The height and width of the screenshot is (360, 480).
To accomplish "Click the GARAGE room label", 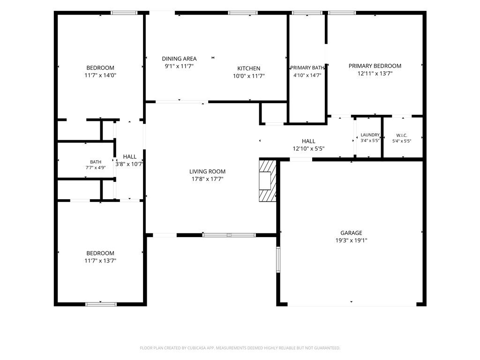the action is click(351, 233).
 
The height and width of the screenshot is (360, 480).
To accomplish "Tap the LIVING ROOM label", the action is click(207, 172).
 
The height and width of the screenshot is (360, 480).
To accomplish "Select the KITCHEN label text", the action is click(249, 68).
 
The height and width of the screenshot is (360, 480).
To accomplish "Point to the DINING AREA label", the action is click(179, 59).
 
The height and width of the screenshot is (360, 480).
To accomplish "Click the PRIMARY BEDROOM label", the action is click(375, 66).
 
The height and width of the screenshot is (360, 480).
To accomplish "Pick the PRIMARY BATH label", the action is click(307, 67).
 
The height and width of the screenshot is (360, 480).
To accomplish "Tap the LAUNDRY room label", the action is click(370, 135).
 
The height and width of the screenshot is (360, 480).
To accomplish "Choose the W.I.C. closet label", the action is click(402, 135).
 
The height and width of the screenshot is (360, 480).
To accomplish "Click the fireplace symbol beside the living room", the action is click(268, 180).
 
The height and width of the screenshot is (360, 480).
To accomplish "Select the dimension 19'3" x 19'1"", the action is click(351, 240).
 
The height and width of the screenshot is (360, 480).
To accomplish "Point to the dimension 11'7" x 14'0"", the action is click(100, 75).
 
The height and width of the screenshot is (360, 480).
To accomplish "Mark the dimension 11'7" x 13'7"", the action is click(100, 261).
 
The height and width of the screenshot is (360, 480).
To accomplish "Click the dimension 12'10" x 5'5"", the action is click(308, 149).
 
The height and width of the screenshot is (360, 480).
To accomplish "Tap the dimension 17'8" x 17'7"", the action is click(207, 179).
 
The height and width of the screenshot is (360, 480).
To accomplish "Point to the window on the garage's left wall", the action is click(278, 260).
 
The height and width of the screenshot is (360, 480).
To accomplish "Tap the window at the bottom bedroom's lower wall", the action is click(101, 304).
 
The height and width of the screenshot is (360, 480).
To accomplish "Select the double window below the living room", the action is click(229, 235).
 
